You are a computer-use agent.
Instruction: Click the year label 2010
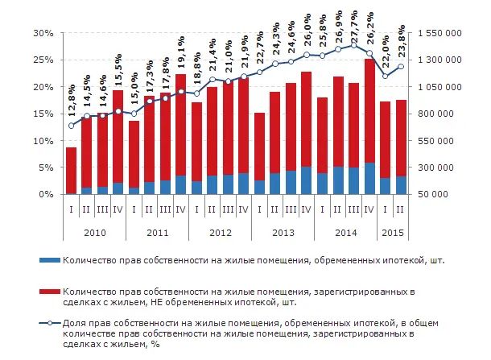(95, 233)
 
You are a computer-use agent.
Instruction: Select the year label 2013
(283, 233)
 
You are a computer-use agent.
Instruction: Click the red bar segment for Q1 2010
(72, 170)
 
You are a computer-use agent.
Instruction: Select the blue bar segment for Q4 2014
(369, 179)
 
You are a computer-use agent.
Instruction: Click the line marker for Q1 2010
(72, 126)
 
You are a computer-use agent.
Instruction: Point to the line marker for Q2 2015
(401, 66)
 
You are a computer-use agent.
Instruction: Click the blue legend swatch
(49, 261)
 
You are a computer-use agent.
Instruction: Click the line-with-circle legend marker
(49, 324)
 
